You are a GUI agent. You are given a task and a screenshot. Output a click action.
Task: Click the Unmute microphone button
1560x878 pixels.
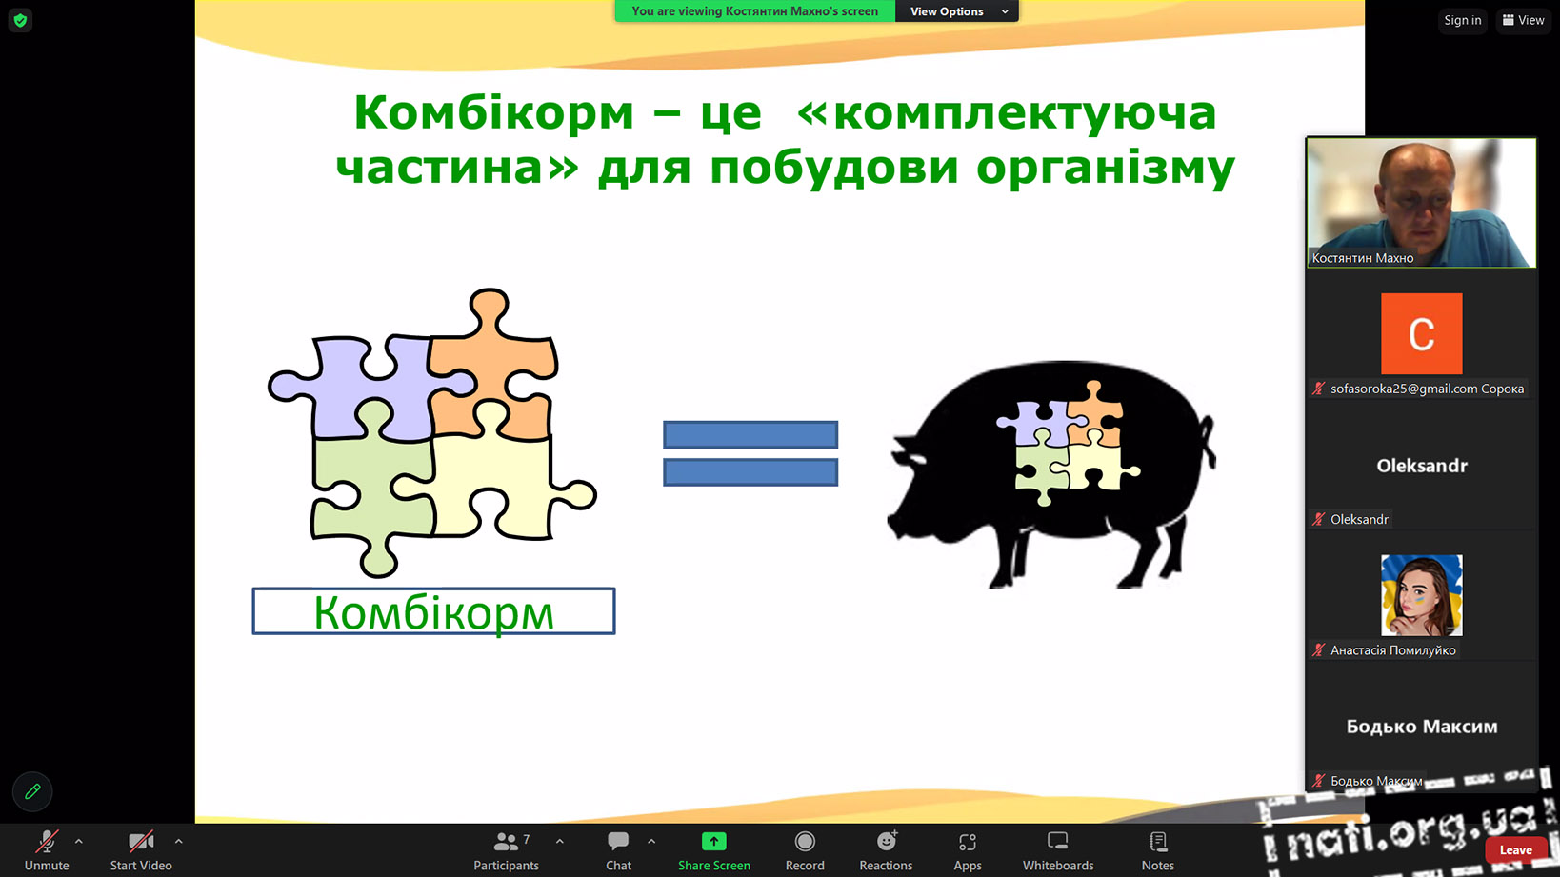tap(47, 850)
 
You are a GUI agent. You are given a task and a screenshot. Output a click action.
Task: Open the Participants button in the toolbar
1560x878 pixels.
tap(507, 850)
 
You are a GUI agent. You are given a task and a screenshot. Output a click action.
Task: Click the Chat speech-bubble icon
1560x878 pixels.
tap(618, 841)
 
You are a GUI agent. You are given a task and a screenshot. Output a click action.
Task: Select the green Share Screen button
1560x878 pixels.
tap(714, 850)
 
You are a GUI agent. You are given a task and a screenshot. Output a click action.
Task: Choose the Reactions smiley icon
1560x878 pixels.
tap(887, 841)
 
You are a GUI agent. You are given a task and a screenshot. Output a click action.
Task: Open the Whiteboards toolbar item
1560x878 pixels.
tap(1058, 850)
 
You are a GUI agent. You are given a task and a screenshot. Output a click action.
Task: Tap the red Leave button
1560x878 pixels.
tap(1515, 850)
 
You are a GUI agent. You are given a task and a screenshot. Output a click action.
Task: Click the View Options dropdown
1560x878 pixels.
tap(957, 11)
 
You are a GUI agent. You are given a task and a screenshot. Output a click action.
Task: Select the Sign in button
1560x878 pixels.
tap(1463, 20)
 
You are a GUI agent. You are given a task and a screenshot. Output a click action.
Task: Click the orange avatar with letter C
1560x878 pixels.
tap(1421, 333)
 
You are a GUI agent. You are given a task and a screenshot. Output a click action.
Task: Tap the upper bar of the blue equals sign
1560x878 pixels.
tap(750, 434)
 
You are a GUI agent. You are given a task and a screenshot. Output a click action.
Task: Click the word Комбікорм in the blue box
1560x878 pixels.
tap(433, 612)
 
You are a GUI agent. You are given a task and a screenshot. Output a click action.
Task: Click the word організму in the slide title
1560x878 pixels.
tap(1105, 169)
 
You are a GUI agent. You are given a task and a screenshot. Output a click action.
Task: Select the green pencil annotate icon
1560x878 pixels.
tap(32, 791)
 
